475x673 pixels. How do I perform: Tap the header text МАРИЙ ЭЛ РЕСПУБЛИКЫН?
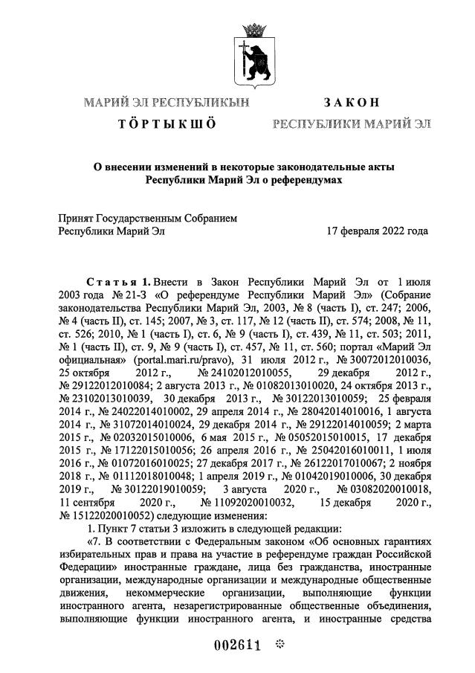(166, 102)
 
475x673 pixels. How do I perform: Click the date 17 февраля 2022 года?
(377, 231)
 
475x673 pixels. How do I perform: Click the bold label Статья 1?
(119, 283)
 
